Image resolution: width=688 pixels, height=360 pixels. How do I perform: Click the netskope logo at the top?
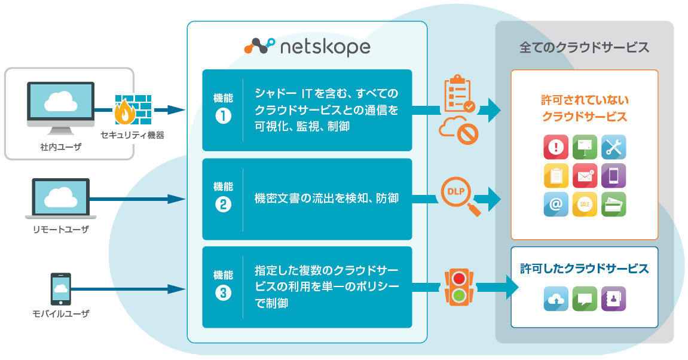click(307, 47)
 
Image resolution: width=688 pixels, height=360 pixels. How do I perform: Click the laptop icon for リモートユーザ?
click(60, 199)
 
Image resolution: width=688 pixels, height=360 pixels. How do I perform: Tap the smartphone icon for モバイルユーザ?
click(60, 289)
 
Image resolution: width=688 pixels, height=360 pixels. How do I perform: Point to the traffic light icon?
click(459, 286)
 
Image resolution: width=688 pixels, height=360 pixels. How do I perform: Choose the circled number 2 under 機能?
click(223, 205)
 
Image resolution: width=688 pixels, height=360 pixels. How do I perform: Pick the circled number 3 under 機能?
click(223, 293)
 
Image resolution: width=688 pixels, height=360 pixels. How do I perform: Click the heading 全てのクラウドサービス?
click(584, 48)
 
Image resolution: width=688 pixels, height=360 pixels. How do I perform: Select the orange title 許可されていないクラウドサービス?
click(584, 108)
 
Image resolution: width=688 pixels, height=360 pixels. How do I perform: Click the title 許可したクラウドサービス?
click(584, 269)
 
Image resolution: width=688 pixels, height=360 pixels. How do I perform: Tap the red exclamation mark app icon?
click(555, 147)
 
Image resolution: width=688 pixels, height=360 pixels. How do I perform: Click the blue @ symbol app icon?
click(555, 204)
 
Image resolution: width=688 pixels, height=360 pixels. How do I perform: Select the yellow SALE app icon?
click(584, 204)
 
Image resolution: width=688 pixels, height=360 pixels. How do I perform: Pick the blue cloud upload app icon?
click(555, 298)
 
